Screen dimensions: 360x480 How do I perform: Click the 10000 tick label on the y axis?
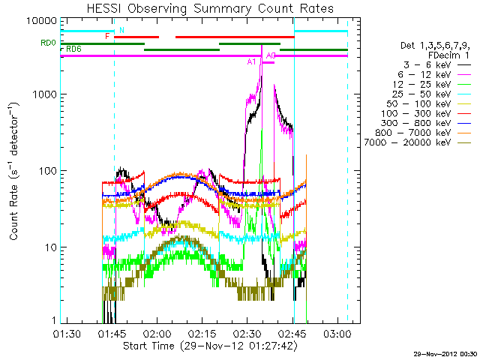[39, 19]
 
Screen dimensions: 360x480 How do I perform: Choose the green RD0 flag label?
[48, 43]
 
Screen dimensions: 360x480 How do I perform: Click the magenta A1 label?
[252, 62]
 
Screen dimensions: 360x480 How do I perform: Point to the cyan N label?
[121, 30]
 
